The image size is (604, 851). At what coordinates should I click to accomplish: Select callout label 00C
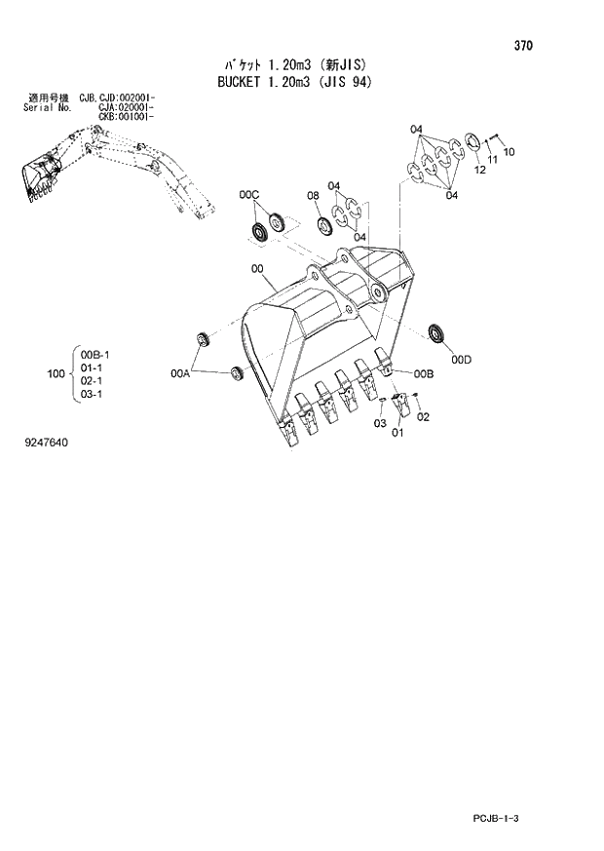[x=249, y=196]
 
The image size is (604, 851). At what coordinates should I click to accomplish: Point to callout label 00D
[x=460, y=360]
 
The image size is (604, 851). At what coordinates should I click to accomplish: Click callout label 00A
[x=180, y=372]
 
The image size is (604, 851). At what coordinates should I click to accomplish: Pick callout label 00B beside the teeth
[x=423, y=373]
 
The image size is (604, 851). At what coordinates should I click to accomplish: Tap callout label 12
[x=479, y=171]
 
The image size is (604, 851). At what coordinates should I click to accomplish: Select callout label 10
[x=509, y=151]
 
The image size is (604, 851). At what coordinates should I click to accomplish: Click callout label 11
[x=493, y=160]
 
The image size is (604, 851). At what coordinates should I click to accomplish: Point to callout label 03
[x=380, y=423]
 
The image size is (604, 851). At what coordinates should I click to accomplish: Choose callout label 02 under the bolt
[x=423, y=417]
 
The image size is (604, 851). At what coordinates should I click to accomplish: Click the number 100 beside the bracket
[x=56, y=373]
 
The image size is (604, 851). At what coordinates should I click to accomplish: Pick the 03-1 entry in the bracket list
[x=92, y=394]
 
